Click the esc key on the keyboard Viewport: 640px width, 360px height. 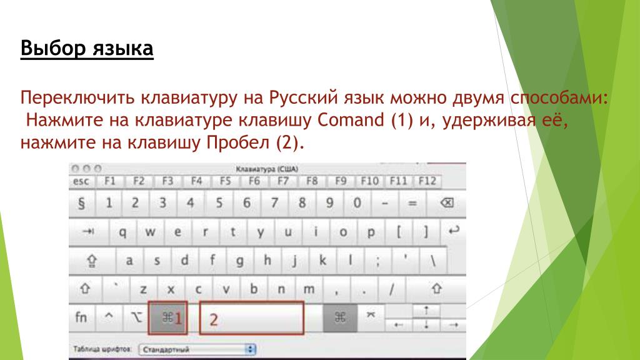(x=81, y=181)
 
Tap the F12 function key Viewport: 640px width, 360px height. (x=427, y=181)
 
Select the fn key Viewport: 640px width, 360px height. (x=81, y=317)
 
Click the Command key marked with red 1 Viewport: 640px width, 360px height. (x=167, y=318)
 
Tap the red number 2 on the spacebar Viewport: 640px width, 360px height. (x=214, y=319)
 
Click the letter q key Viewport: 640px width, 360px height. (x=122, y=232)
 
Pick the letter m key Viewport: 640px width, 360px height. (x=309, y=289)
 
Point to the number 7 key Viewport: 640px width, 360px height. (x=274, y=203)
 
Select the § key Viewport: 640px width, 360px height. (x=81, y=203)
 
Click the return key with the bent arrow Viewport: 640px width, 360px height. (x=454, y=231)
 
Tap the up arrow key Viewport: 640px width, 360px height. (x=426, y=311)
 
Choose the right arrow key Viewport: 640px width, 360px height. (x=453, y=325)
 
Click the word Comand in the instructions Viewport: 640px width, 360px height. (x=351, y=120)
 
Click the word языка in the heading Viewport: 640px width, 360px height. (x=122, y=48)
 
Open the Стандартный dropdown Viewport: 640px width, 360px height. (x=197, y=349)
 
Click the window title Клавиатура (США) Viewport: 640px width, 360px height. (x=267, y=169)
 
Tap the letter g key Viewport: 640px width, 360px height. (x=239, y=261)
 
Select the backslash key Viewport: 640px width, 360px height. (x=432, y=261)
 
